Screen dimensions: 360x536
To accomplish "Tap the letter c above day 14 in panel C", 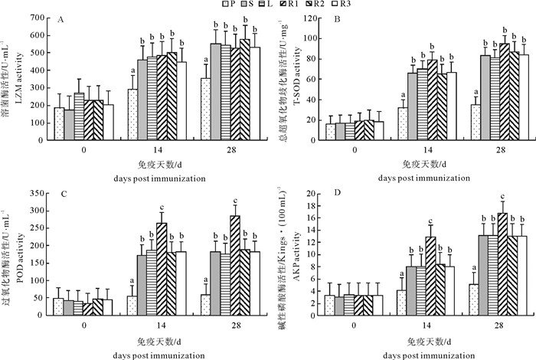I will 162,208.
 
